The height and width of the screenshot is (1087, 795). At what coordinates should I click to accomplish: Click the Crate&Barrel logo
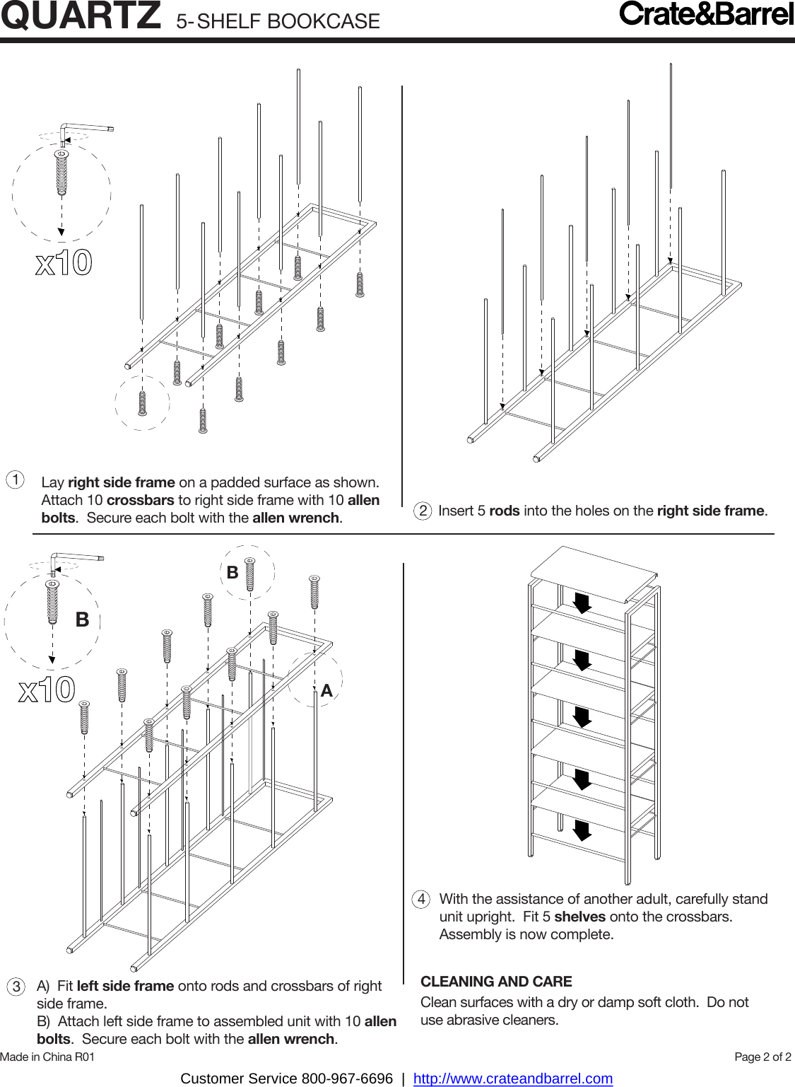[706, 14]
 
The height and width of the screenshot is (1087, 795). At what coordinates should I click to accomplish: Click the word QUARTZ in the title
[81, 16]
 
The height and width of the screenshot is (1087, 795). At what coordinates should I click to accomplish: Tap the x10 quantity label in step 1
[64, 263]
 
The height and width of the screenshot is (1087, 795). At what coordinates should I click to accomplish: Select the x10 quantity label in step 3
[47, 690]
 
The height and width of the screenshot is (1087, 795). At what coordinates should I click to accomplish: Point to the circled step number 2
[423, 511]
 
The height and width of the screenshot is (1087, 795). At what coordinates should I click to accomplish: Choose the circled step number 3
[16, 987]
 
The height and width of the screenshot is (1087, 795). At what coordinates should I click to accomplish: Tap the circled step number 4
[421, 899]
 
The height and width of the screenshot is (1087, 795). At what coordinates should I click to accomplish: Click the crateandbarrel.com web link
[512, 1079]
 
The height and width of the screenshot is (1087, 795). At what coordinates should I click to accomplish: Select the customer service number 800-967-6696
[347, 1079]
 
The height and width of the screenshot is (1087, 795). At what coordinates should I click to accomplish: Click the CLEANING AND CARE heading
[496, 982]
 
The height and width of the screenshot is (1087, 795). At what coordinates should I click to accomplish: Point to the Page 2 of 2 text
[762, 1057]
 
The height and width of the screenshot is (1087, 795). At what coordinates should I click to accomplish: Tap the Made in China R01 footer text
[47, 1057]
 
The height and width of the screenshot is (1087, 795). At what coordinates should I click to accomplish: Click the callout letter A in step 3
[326, 691]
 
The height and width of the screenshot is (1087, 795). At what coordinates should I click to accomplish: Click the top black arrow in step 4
[582, 603]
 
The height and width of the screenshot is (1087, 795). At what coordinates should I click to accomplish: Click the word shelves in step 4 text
[579, 917]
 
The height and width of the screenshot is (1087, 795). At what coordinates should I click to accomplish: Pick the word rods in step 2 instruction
[504, 511]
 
